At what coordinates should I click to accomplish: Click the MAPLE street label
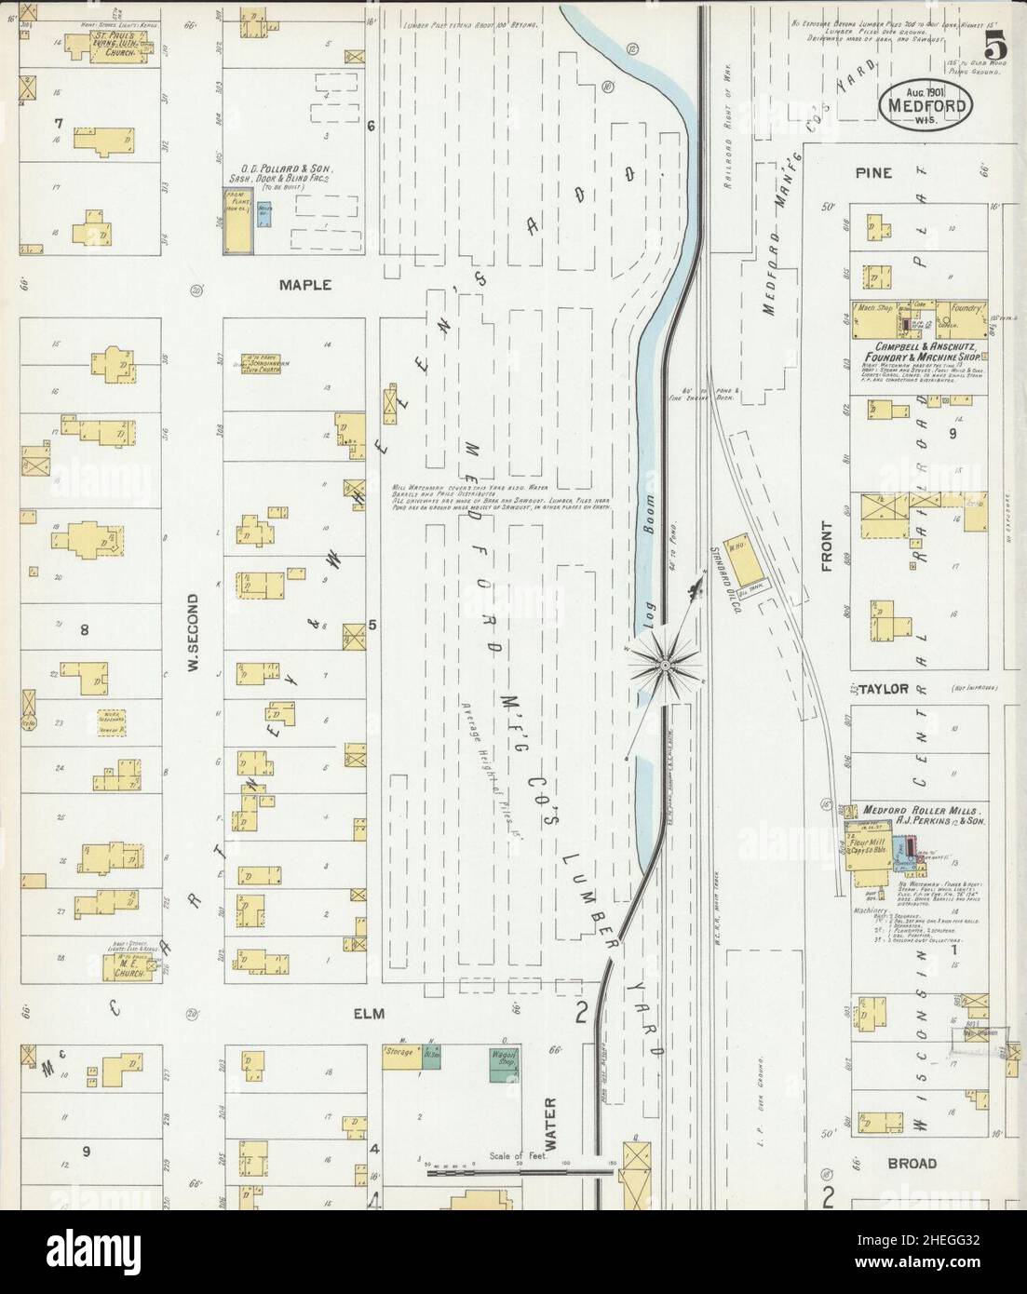[305, 285]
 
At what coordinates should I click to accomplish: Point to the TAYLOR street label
[883, 690]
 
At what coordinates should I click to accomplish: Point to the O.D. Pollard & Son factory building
[237, 221]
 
